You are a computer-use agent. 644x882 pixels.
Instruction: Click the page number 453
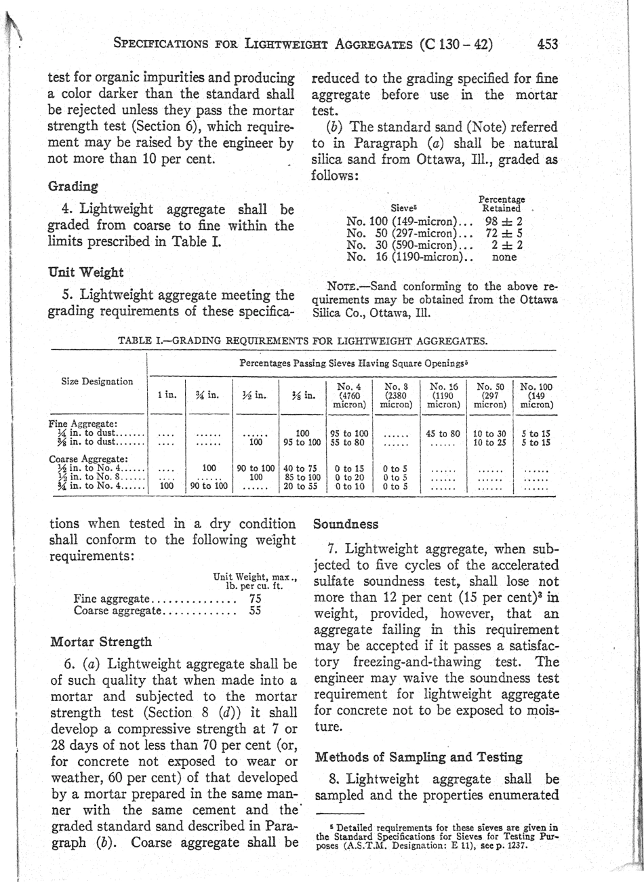click(547, 45)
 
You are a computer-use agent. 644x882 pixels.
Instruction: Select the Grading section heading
click(73, 186)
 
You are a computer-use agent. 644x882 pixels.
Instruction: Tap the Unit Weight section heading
click(86, 273)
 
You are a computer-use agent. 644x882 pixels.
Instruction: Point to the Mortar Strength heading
click(101, 641)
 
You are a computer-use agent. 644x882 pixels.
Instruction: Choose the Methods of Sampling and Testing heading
click(418, 757)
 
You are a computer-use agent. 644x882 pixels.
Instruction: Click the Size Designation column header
click(98, 381)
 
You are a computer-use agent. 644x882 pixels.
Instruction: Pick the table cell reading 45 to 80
click(443, 433)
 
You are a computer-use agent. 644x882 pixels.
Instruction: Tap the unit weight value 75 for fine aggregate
click(256, 599)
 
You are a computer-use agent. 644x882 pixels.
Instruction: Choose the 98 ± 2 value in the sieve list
click(504, 222)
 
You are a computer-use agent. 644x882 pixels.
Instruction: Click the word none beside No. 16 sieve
click(504, 257)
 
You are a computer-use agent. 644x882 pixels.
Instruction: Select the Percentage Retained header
click(501, 204)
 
